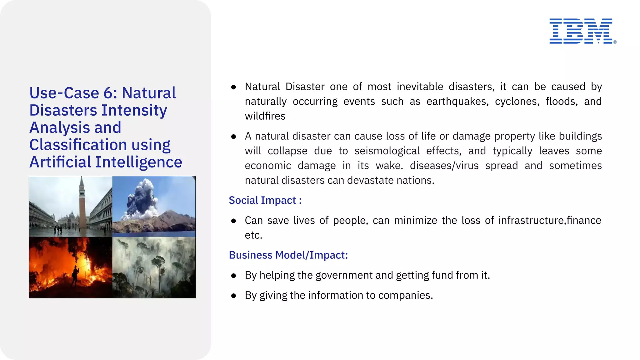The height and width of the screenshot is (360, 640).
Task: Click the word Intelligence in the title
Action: (138, 162)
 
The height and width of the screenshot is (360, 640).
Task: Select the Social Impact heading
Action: (265, 200)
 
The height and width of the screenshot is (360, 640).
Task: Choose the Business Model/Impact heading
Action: (288, 255)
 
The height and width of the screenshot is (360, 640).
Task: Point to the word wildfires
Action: (265, 116)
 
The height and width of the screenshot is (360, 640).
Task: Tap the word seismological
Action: (387, 151)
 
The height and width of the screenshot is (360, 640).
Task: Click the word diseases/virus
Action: (444, 166)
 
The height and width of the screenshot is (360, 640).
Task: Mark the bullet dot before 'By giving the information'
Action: (233, 296)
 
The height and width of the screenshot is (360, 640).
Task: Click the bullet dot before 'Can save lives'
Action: (233, 221)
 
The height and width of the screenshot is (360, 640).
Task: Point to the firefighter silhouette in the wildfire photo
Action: (75, 275)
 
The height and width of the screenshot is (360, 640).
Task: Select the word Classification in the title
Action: (78, 145)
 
